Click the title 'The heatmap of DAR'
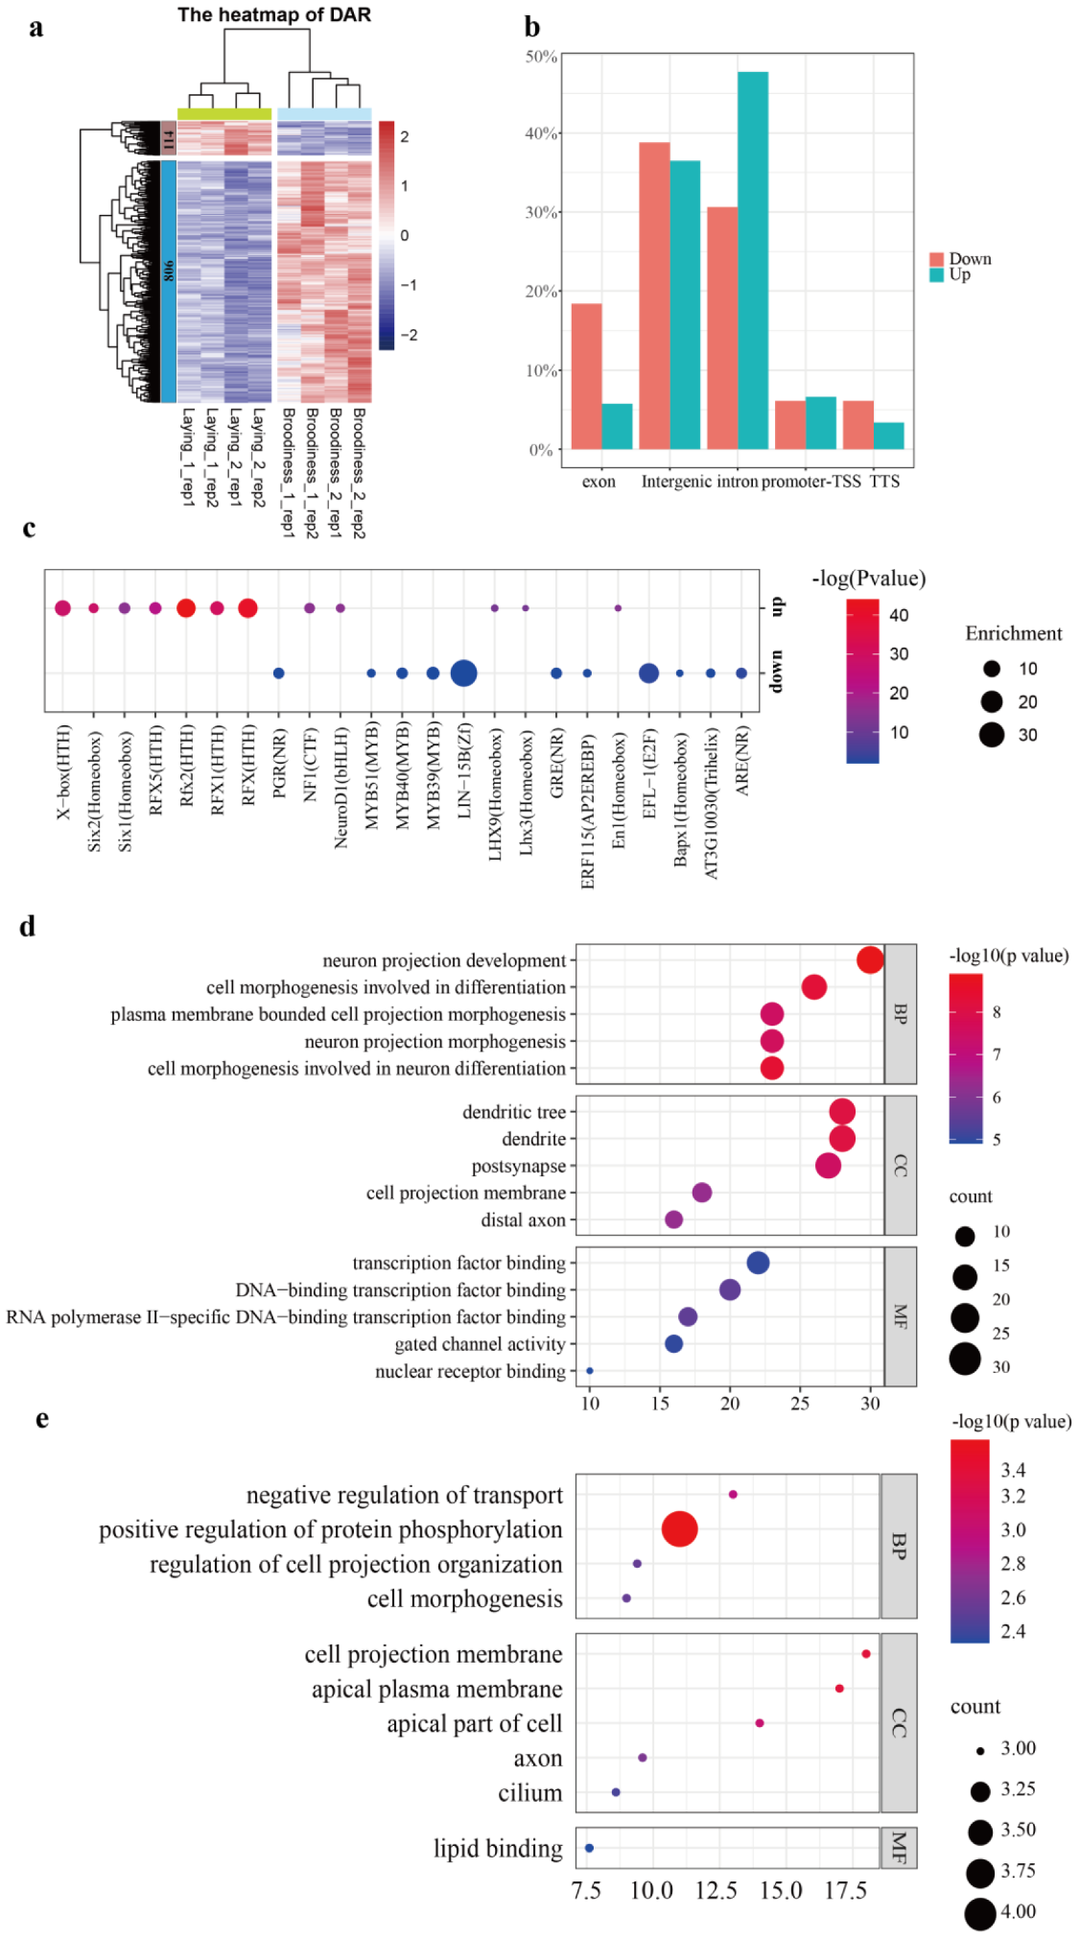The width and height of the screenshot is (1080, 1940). coord(273,14)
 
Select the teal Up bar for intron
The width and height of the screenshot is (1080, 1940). coord(752,260)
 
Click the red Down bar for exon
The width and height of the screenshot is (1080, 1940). coord(586,375)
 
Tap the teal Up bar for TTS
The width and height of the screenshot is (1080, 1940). coord(888,436)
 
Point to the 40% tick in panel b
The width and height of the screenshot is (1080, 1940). coord(542,133)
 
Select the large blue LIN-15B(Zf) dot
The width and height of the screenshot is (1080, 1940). coord(463,674)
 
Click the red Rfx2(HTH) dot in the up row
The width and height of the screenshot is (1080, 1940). coord(186,607)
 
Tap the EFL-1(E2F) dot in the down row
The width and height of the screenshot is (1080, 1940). coord(648,674)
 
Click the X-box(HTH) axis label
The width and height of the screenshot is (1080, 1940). coord(63,771)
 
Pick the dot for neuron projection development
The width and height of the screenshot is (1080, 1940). coord(869,959)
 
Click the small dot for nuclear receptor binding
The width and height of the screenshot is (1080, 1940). coord(589,1371)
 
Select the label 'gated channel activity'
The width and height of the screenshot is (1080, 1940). coord(480,1344)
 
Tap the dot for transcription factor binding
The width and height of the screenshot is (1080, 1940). coord(758,1263)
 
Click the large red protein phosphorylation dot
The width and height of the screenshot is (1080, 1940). coord(679,1528)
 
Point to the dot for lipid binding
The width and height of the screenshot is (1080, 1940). coord(589,1848)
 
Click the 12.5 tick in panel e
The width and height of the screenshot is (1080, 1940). coord(716,1890)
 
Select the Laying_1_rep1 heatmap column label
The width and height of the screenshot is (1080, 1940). coord(188,457)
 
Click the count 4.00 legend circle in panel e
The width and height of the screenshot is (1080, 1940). coord(979,1912)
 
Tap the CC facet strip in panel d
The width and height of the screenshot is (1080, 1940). coord(900,1165)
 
